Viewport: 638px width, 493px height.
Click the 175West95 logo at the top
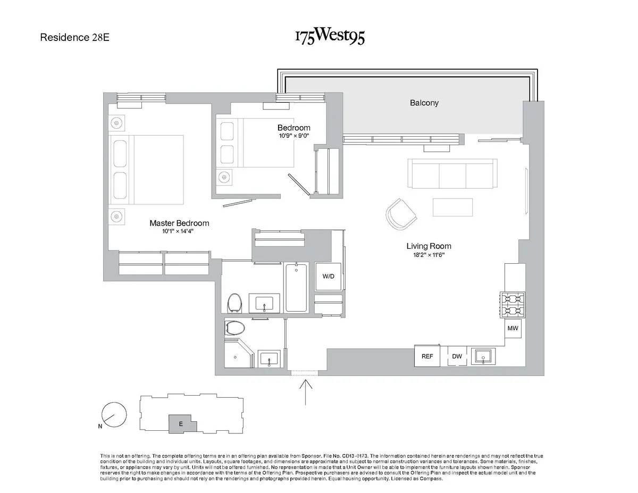[x=330, y=36]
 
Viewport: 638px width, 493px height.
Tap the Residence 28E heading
[x=75, y=38]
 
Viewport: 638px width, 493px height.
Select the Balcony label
[x=424, y=103]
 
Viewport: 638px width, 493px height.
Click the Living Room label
[x=429, y=246]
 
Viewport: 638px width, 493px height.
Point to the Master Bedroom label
[x=179, y=223]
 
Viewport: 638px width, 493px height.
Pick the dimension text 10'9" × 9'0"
[x=294, y=136]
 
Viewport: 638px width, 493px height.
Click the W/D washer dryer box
[x=328, y=277]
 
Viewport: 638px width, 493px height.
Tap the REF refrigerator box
[x=427, y=356]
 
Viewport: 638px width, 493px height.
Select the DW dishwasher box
[x=457, y=356]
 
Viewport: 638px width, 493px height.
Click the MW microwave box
[x=513, y=329]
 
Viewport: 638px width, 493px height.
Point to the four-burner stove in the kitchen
[x=513, y=305]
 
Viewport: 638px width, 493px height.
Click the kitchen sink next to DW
[x=484, y=356]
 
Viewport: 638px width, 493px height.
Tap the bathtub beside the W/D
[x=296, y=287]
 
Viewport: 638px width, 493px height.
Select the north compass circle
[x=114, y=414]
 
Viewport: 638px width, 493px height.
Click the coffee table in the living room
[x=452, y=207]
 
